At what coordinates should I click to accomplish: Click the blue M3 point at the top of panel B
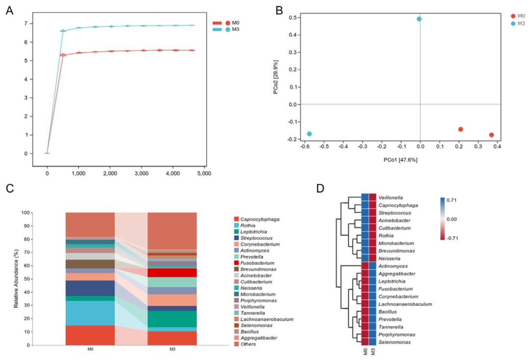click(x=419, y=19)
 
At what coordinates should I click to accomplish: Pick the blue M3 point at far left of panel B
click(x=309, y=134)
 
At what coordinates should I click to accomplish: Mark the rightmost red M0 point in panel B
click(x=491, y=135)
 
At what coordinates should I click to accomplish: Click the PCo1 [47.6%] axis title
click(x=400, y=160)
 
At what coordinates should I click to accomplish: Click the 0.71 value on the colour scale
click(x=452, y=200)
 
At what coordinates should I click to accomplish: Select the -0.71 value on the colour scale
click(x=453, y=238)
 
